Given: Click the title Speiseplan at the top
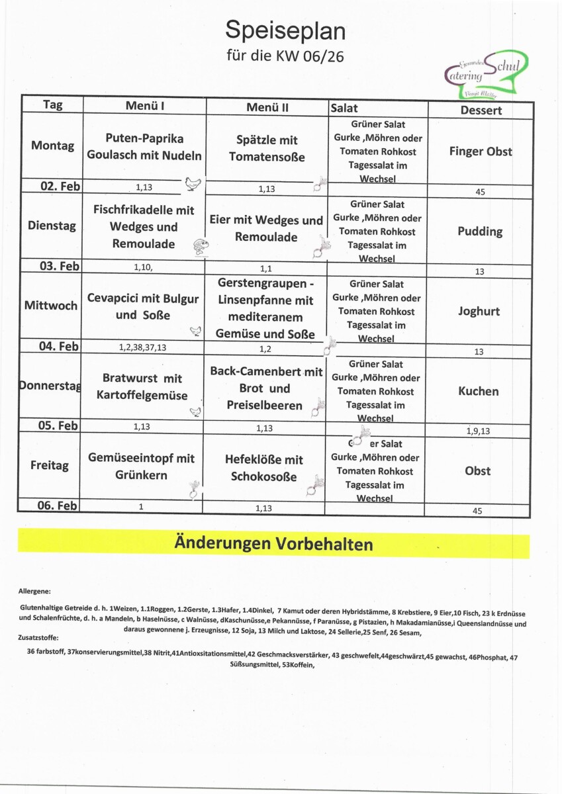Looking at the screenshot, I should [285, 30].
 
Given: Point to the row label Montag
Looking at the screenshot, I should [52, 146].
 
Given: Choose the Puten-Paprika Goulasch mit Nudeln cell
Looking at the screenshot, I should [144, 147].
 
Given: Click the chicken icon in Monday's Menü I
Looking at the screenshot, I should [193, 184].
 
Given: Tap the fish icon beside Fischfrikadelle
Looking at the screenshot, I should [201, 246].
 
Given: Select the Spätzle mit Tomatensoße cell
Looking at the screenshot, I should [267, 148].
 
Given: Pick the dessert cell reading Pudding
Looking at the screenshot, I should [480, 232].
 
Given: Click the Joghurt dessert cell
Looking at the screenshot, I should [479, 311].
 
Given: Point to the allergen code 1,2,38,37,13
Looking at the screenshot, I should [144, 347].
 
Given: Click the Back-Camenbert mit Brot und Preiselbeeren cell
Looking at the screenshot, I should [266, 388].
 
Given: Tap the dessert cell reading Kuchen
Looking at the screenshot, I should [478, 391].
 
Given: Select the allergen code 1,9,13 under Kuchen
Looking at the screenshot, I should [478, 431].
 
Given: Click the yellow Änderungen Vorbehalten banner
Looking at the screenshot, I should [273, 545].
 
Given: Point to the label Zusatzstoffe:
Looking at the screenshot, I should [38, 638].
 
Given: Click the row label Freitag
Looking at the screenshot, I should [49, 465].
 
